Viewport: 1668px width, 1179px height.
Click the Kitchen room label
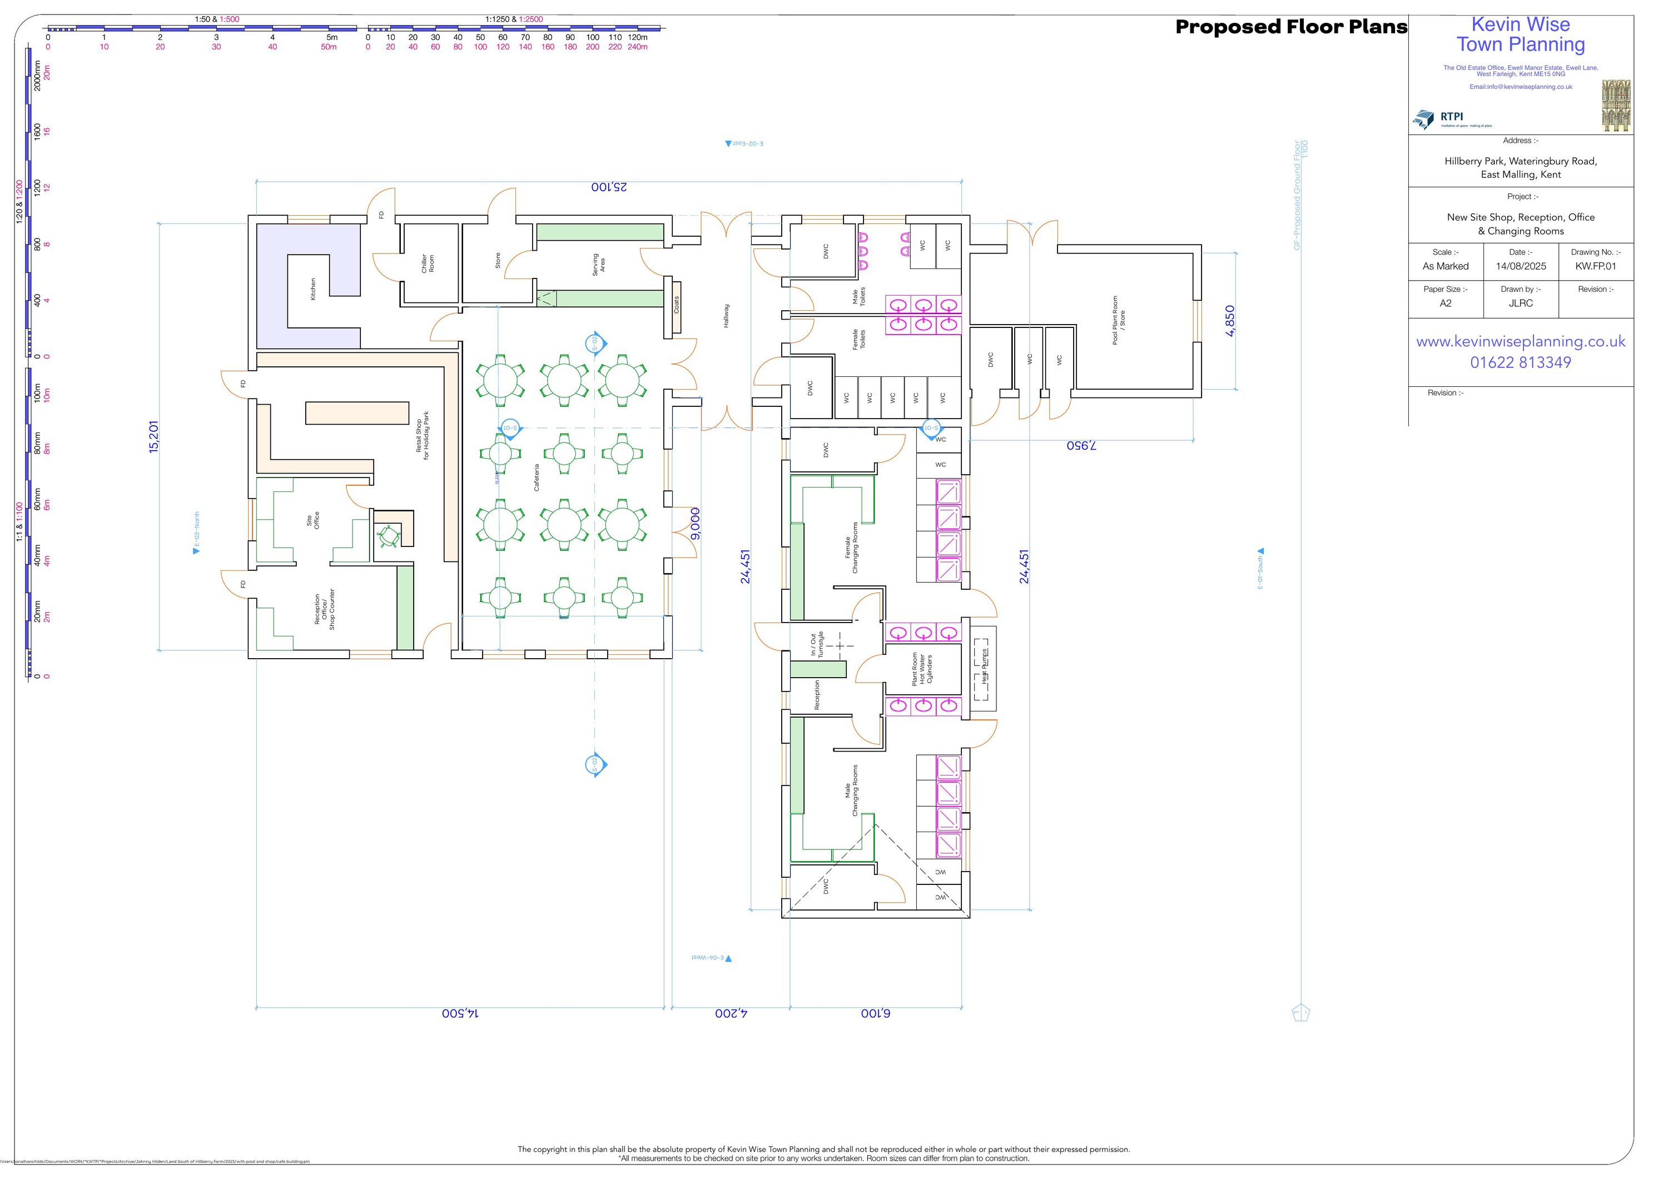[313, 289]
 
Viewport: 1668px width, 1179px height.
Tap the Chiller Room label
[428, 263]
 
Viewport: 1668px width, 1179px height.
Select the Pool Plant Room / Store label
[1119, 320]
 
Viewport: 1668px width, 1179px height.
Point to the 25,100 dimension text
[609, 187]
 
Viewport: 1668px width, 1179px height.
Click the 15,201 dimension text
[153, 436]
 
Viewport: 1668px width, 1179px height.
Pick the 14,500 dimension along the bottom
[460, 1013]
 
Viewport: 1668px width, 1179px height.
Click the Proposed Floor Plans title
[1291, 27]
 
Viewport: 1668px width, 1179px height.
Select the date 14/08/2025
[1521, 266]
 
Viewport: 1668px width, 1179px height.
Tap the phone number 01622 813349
[1521, 362]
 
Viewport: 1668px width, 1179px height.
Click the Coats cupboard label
[676, 305]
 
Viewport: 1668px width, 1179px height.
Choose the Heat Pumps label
[985, 667]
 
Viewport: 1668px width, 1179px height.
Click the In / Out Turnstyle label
[817, 645]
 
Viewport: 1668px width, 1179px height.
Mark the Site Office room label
[312, 521]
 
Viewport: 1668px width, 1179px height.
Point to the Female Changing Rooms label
[851, 548]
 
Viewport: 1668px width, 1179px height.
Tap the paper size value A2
[1445, 303]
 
